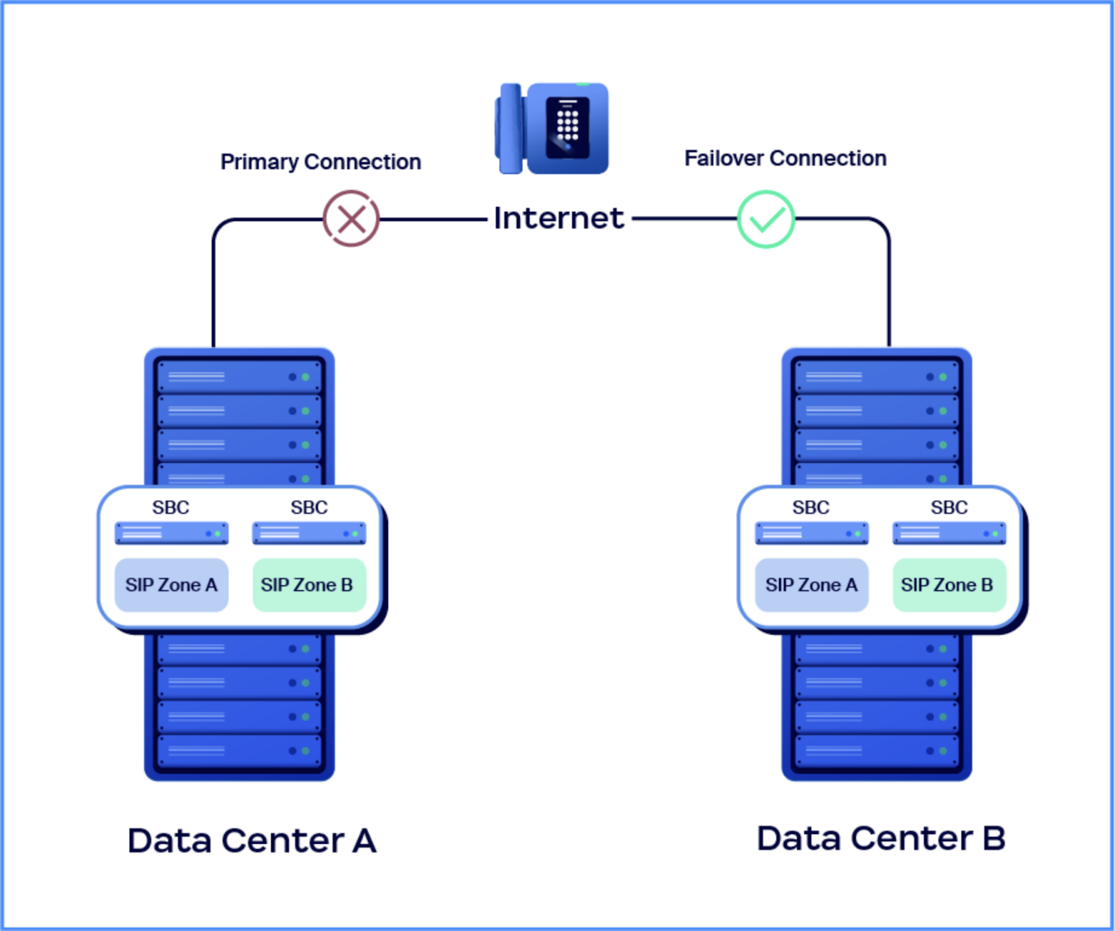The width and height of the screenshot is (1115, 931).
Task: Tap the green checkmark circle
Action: [x=766, y=219]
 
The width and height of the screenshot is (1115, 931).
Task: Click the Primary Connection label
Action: [x=321, y=162]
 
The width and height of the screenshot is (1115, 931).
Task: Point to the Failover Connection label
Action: [x=785, y=158]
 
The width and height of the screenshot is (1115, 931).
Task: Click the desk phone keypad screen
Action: [x=568, y=128]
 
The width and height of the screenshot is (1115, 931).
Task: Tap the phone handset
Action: [x=510, y=129]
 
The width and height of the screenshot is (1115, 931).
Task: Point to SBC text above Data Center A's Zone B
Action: [x=309, y=507]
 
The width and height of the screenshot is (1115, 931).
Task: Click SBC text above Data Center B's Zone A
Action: [x=811, y=507]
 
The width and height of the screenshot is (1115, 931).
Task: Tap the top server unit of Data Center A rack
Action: [x=239, y=377]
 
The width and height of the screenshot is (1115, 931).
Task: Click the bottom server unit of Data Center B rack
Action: [x=877, y=751]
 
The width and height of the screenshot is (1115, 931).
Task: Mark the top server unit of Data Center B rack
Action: [x=877, y=377]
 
